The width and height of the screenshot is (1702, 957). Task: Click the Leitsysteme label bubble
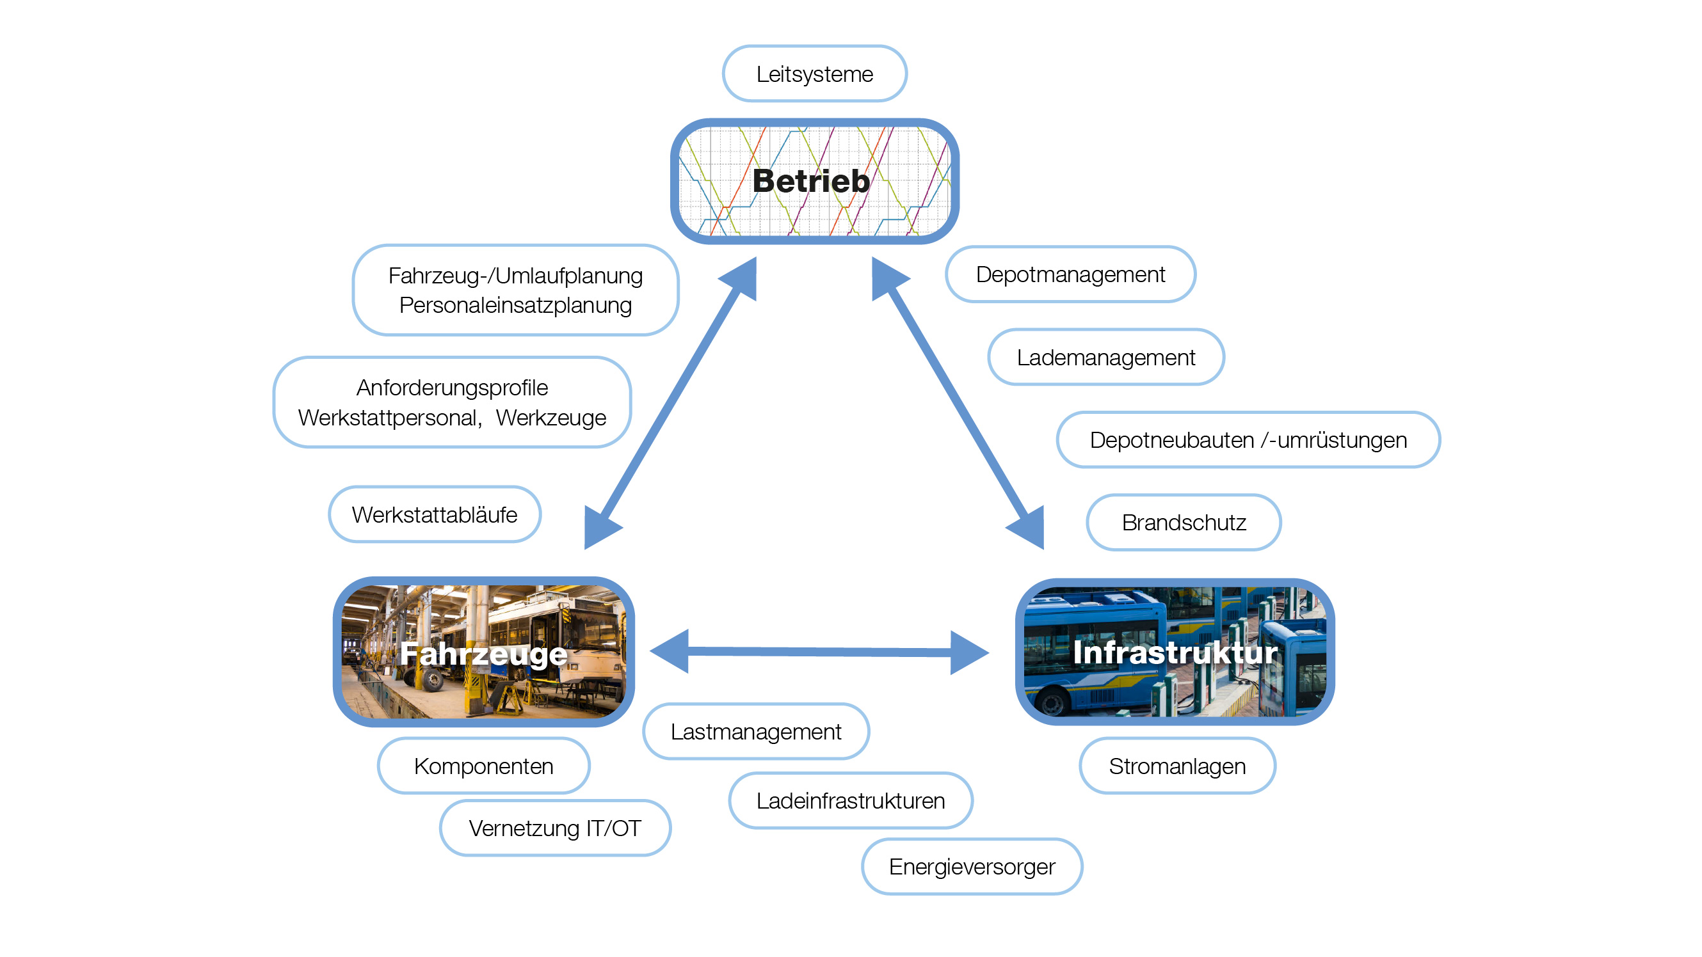(814, 74)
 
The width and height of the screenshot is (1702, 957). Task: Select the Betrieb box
(814, 181)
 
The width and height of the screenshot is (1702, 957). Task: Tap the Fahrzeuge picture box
(484, 652)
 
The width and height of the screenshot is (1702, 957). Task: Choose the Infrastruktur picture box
(1174, 652)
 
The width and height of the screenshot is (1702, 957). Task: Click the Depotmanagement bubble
(1070, 274)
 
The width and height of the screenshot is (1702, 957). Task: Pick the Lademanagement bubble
(1105, 358)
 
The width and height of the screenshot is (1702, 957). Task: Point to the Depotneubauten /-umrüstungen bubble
(1248, 440)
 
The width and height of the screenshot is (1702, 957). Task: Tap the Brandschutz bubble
(1184, 523)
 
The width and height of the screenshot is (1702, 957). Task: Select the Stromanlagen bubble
(1176, 766)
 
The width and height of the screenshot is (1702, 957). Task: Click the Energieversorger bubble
(971, 867)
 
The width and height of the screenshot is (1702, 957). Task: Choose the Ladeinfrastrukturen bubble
(850, 800)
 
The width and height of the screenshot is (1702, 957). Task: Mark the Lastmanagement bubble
(755, 732)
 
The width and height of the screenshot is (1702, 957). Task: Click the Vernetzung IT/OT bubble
(555, 828)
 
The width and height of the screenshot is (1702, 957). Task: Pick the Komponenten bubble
(484, 766)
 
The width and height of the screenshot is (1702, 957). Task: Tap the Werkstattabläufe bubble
(434, 514)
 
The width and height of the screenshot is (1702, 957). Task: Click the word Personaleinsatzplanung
(515, 305)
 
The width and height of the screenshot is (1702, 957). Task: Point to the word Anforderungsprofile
(452, 388)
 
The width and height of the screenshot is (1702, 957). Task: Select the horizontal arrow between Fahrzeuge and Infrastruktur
(819, 652)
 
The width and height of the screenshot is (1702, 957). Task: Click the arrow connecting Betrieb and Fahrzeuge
(670, 403)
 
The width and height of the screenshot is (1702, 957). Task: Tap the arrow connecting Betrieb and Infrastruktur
(958, 403)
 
